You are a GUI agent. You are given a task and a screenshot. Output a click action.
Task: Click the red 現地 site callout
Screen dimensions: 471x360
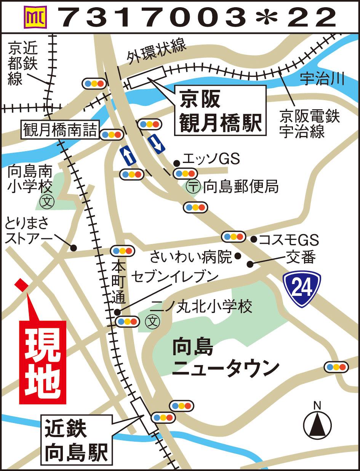(x=43, y=362)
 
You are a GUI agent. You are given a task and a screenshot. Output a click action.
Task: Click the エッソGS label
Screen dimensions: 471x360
(x=211, y=159)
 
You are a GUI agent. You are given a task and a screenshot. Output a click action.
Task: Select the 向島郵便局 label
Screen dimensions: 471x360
(x=241, y=187)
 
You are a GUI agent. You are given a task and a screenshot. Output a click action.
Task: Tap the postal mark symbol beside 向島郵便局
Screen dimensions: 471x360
(x=194, y=187)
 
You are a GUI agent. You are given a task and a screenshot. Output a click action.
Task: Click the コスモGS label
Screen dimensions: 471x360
(x=288, y=240)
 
